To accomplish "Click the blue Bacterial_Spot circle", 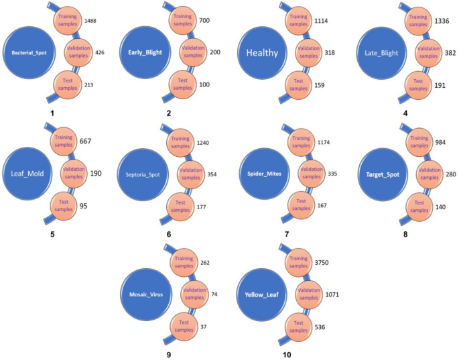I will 28,52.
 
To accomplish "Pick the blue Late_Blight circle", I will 382,52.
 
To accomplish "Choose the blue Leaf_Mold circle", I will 27,172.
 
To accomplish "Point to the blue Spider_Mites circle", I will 262,174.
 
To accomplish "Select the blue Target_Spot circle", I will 382,172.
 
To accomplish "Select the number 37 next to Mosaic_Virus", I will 204,326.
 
